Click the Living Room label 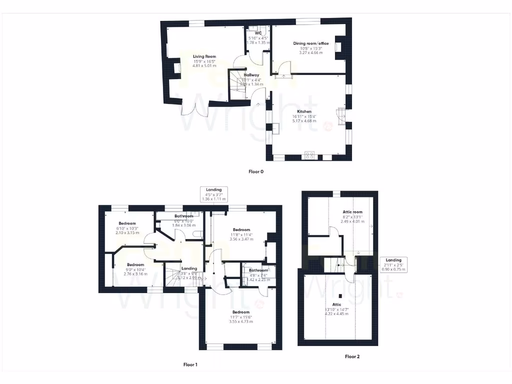point(204,56)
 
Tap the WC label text point(258,33)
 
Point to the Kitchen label point(304,111)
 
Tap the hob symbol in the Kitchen point(309,155)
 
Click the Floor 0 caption point(255,171)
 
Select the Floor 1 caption point(190,364)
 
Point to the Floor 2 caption point(352,356)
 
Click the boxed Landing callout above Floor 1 point(214,194)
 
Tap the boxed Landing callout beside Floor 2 point(393,264)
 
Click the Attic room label point(352,212)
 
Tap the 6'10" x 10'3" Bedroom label point(127,223)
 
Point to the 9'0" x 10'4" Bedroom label point(135,264)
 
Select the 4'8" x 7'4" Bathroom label point(258,270)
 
